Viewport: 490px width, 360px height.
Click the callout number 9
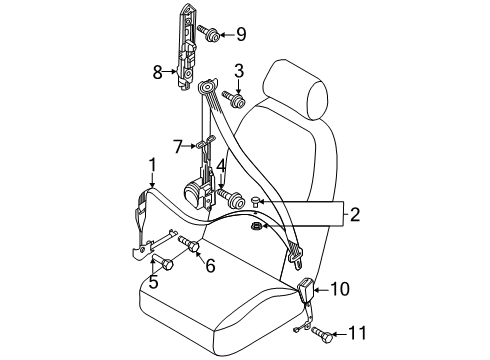(x=241, y=34)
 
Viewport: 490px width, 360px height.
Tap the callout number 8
(x=158, y=72)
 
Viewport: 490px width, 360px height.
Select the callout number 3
(x=239, y=71)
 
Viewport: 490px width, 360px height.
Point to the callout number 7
(x=178, y=147)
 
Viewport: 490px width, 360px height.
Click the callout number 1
(x=152, y=165)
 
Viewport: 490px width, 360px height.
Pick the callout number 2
(x=355, y=215)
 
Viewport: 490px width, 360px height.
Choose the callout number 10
(x=340, y=289)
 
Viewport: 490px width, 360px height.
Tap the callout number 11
(x=357, y=333)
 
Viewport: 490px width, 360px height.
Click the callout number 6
(x=210, y=266)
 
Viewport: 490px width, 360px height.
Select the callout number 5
(x=153, y=282)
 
